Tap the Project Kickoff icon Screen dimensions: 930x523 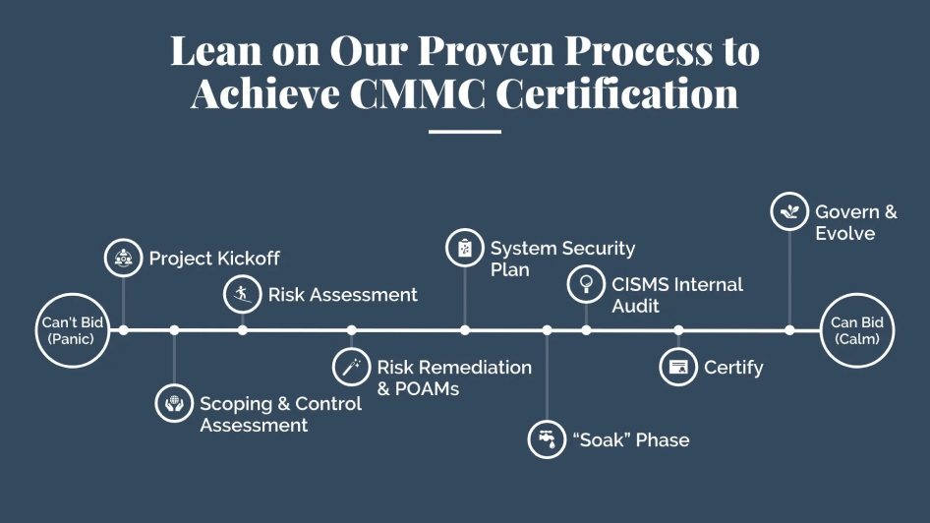[123, 258]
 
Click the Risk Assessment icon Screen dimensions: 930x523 [243, 294]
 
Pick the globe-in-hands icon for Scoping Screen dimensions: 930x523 [174, 403]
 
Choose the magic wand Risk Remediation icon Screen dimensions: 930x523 [351, 367]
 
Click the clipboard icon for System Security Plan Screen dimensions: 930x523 [465, 248]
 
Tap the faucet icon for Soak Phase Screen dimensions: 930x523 [547, 439]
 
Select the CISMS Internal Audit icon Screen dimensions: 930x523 [586, 284]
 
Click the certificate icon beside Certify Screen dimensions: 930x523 [678, 367]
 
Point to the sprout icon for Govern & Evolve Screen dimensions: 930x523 [789, 211]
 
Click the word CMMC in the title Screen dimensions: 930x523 [418, 93]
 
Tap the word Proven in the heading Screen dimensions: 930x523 [486, 50]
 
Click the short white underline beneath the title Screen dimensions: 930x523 [465, 132]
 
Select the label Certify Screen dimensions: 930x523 [733, 369]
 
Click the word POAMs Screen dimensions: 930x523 [427, 389]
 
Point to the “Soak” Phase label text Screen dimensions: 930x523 [631, 440]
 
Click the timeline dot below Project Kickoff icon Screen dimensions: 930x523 [123, 330]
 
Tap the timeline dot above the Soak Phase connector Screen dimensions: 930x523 [547, 330]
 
